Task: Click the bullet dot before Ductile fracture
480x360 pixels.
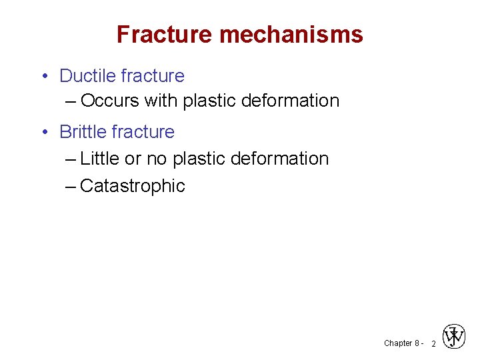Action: tap(43, 77)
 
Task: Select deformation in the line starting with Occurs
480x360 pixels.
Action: tap(290, 101)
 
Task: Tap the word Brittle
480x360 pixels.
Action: tap(83, 132)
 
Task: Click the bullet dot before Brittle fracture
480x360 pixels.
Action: tap(43, 133)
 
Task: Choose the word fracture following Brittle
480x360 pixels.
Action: tap(143, 132)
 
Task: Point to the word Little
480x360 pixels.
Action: tap(99, 159)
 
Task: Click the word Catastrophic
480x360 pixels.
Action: tap(132, 186)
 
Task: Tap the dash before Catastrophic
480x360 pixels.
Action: tap(71, 186)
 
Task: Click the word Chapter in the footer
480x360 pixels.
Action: tap(398, 343)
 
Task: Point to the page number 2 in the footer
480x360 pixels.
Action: tap(433, 344)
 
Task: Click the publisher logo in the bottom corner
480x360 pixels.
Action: tap(454, 337)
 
